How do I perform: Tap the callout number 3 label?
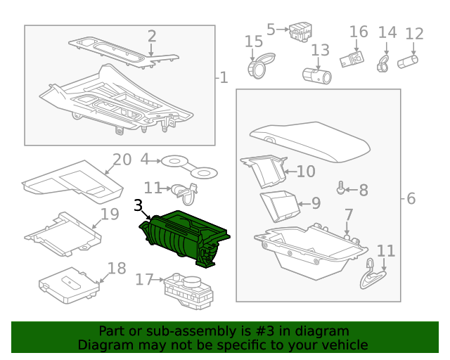(x=139, y=205)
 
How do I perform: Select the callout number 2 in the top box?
(x=152, y=36)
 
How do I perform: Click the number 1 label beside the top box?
(x=224, y=77)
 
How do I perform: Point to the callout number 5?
(x=271, y=30)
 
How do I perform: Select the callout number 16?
(x=359, y=32)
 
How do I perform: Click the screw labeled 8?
(x=342, y=188)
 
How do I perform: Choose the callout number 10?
(x=306, y=172)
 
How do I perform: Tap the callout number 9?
(x=316, y=204)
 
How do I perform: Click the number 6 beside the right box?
(x=411, y=199)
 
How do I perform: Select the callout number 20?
(x=122, y=160)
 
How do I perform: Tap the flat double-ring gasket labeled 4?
(x=189, y=166)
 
